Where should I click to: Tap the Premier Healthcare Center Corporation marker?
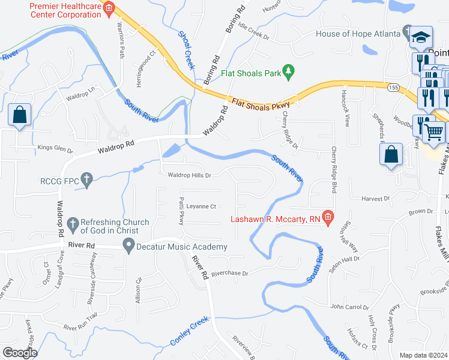click(x=109, y=8)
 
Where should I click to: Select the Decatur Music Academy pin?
click(x=128, y=245)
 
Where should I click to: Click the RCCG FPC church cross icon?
click(x=87, y=179)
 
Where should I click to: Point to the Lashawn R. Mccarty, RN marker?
click(x=328, y=218)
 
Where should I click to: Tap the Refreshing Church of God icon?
click(x=73, y=225)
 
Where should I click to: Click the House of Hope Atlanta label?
click(x=357, y=34)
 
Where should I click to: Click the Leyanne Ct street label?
click(x=200, y=206)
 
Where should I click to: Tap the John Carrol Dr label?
click(x=349, y=307)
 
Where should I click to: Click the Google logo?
click(x=20, y=352)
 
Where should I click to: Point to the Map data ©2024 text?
click(x=423, y=355)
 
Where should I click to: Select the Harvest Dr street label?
click(x=375, y=198)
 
